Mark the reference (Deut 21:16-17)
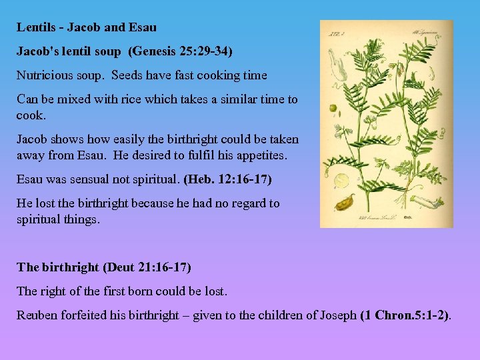click(x=147, y=267)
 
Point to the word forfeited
click(x=81, y=315)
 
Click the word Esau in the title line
click(x=143, y=27)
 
